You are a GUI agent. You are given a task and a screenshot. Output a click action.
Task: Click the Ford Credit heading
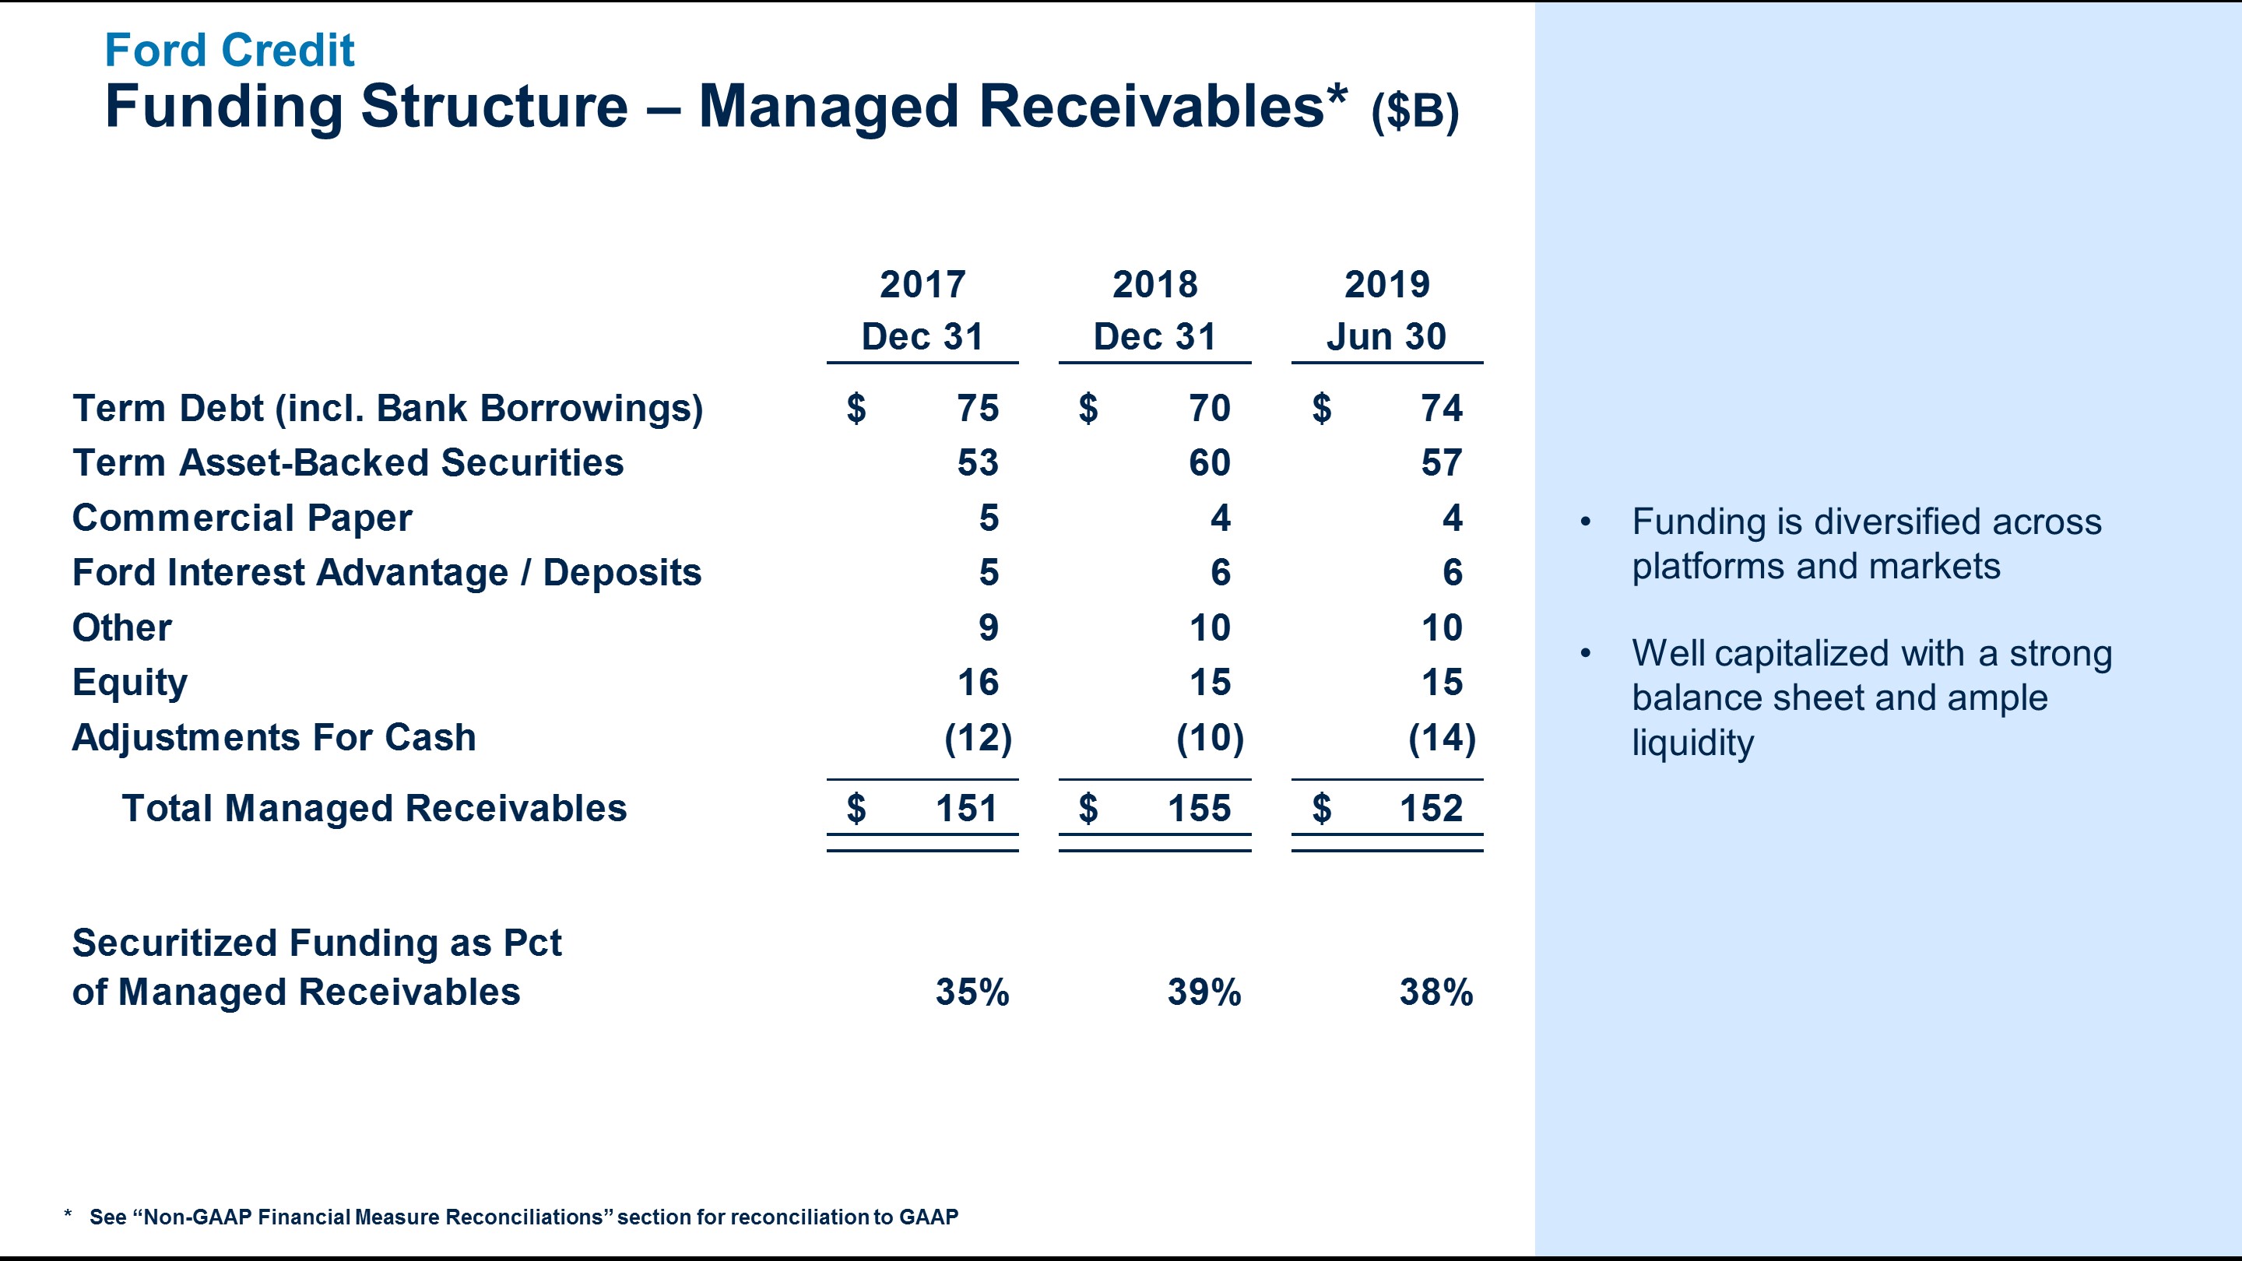(229, 50)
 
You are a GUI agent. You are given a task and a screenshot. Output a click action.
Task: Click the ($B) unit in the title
(1414, 111)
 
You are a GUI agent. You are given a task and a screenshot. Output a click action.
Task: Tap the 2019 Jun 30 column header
(1386, 311)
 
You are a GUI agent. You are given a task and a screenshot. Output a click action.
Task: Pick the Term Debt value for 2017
(978, 408)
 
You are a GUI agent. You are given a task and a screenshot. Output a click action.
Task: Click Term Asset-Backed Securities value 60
(1209, 463)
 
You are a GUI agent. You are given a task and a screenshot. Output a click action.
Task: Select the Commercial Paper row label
(242, 518)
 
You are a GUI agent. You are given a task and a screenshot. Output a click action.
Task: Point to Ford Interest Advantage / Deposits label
(386, 573)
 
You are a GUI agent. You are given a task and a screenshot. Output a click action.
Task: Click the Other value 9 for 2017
(988, 627)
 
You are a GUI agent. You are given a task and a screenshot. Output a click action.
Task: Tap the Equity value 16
(978, 683)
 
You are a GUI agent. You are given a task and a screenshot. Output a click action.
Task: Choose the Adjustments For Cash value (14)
(1441, 738)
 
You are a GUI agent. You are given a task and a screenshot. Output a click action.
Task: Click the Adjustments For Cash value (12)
(978, 738)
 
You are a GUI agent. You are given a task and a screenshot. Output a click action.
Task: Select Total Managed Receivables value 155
(1199, 809)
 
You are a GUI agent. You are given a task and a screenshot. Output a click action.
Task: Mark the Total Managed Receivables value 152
(1430, 809)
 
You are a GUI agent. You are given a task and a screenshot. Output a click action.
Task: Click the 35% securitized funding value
(972, 992)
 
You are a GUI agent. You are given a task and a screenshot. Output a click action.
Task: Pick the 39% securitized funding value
(1204, 992)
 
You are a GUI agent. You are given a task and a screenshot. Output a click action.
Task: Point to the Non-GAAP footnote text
(523, 1217)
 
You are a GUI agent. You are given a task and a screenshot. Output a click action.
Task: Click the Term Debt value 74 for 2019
(1441, 408)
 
